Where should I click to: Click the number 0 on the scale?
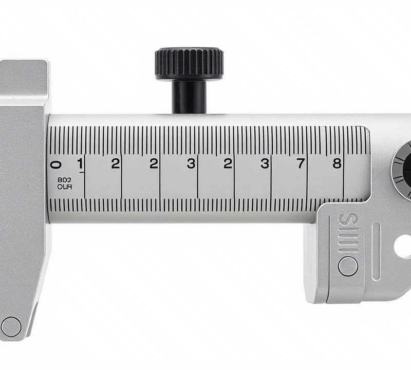57,164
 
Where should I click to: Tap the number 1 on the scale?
80,163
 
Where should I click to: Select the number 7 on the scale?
301,163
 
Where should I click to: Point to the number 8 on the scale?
337,163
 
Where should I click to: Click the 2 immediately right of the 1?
116,164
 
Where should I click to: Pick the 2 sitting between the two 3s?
228,164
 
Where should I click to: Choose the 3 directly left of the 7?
265,164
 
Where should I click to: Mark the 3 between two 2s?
191,164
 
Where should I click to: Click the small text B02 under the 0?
65,180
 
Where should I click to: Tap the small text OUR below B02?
65,187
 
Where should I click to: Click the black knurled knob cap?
189,63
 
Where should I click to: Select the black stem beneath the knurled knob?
189,97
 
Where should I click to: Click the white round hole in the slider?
403,246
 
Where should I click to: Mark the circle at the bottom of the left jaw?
11,326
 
